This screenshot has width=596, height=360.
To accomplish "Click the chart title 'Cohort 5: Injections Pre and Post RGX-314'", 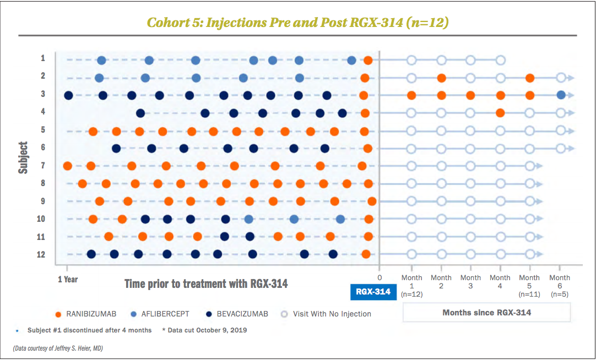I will coord(297,23).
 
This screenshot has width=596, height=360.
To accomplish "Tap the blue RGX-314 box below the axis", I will coord(373,292).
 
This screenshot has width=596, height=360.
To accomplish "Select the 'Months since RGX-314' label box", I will coord(486,313).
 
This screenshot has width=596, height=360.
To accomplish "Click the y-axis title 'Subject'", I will coord(23,158).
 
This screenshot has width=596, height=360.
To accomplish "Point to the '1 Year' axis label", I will coord(68,279).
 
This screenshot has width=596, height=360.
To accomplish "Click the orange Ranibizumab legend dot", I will coord(58,314).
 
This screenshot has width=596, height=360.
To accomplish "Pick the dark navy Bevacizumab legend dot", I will coord(209,314).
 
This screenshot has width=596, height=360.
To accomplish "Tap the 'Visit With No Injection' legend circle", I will coord(284,314).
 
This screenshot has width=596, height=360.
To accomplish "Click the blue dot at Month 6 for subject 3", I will coord(561,95).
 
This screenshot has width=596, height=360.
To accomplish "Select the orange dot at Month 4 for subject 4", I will coord(500,113).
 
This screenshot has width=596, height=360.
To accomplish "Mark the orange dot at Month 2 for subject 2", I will coord(441,78).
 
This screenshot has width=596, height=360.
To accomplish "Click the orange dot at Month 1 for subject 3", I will coord(411,95).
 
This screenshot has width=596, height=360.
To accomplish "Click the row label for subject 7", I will coord(43,165).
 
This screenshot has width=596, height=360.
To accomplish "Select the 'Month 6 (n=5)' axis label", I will coord(560,286).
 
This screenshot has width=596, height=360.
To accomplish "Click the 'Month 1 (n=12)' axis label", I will coord(411,286).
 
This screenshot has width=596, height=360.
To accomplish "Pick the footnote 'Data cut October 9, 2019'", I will coord(205,330).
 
